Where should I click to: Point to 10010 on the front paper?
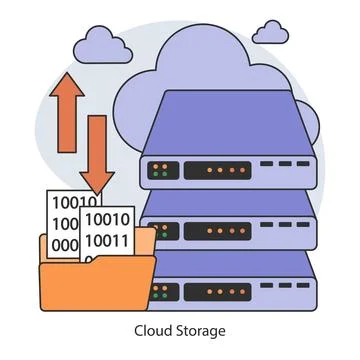[106, 220]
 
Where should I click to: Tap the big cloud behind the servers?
[200, 60]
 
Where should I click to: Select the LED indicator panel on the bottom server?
[164, 291]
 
